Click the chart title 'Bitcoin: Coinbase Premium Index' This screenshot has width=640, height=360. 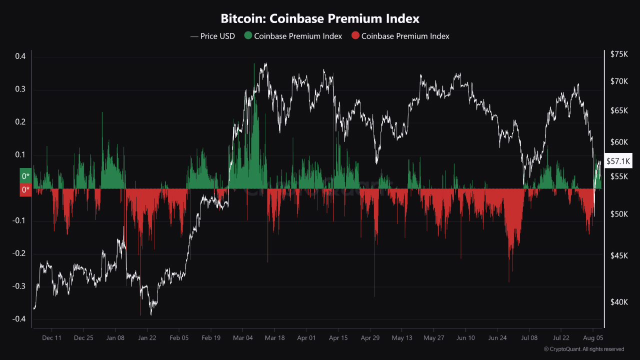320,19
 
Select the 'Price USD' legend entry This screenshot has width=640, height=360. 212,36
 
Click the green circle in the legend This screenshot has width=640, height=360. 248,36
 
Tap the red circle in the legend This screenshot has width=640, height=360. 355,36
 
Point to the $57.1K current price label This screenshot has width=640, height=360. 618,161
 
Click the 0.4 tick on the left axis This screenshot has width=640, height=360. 20,56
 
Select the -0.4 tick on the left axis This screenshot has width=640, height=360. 19,319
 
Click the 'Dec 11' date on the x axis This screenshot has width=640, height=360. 51,338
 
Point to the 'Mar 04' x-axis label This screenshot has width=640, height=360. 242,338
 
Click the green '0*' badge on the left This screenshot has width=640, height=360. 25,175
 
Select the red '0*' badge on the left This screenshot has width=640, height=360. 25,189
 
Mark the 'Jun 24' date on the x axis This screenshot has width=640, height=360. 497,338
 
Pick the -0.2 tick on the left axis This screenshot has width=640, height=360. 19,253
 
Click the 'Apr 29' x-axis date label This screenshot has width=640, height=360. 370,338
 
